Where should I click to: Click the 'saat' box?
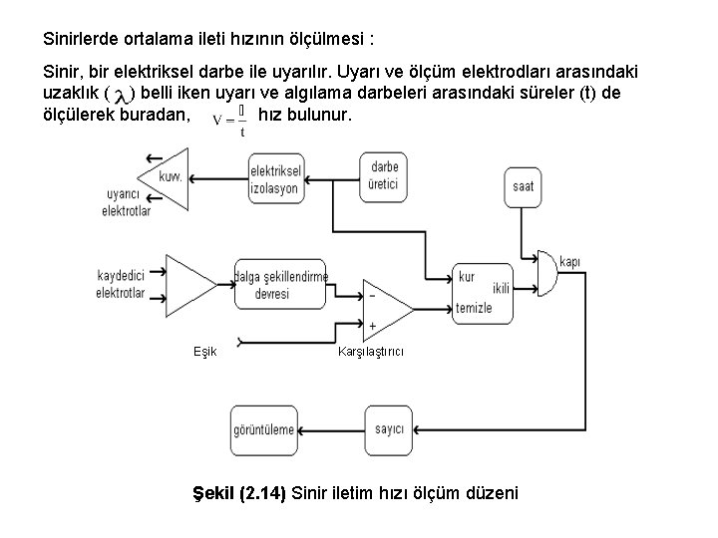(524, 185)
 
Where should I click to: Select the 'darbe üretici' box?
(384, 176)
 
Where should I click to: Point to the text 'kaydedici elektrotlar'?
(121, 284)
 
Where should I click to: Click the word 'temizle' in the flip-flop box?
(475, 308)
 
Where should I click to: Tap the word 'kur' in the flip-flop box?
(466, 276)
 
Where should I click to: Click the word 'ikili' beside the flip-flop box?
(501, 289)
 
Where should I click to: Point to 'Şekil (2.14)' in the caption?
(238, 492)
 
